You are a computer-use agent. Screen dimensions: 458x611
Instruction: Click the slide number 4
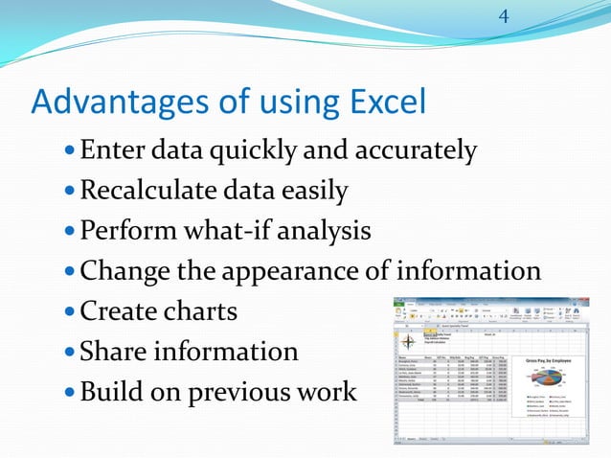pos(504,16)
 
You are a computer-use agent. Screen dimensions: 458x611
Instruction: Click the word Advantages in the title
pos(104,100)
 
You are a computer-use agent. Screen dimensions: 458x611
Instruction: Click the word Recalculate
pos(152,191)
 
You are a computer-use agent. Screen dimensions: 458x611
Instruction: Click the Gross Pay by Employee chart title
pos(555,361)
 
